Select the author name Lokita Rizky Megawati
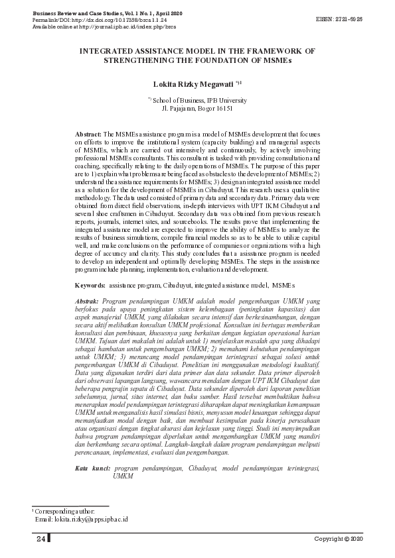click(x=193, y=85)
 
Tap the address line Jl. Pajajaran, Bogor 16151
click(x=197, y=107)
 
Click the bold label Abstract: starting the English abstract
click(x=89, y=133)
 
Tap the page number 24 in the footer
click(x=41, y=538)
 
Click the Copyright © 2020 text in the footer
click(x=339, y=538)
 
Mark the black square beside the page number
click(x=50, y=538)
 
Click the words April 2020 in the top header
click(x=168, y=13)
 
